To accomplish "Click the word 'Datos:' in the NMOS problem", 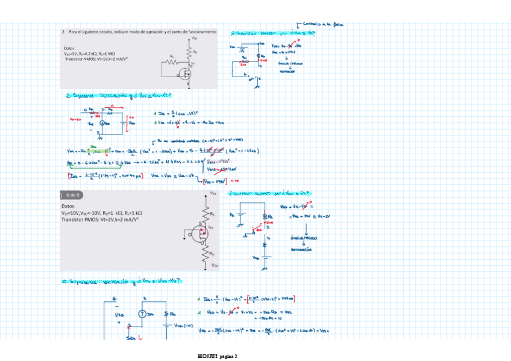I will (69, 48).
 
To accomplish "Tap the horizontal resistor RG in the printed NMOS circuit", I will (172, 60).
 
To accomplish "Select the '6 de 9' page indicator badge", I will (70, 195).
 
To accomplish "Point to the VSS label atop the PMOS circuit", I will (213, 193).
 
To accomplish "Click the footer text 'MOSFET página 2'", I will (219, 356).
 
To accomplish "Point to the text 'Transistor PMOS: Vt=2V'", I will (99, 220).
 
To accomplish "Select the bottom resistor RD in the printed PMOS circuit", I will (210, 250).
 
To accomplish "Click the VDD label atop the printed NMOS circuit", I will (193, 39).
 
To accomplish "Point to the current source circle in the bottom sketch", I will (142, 313).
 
